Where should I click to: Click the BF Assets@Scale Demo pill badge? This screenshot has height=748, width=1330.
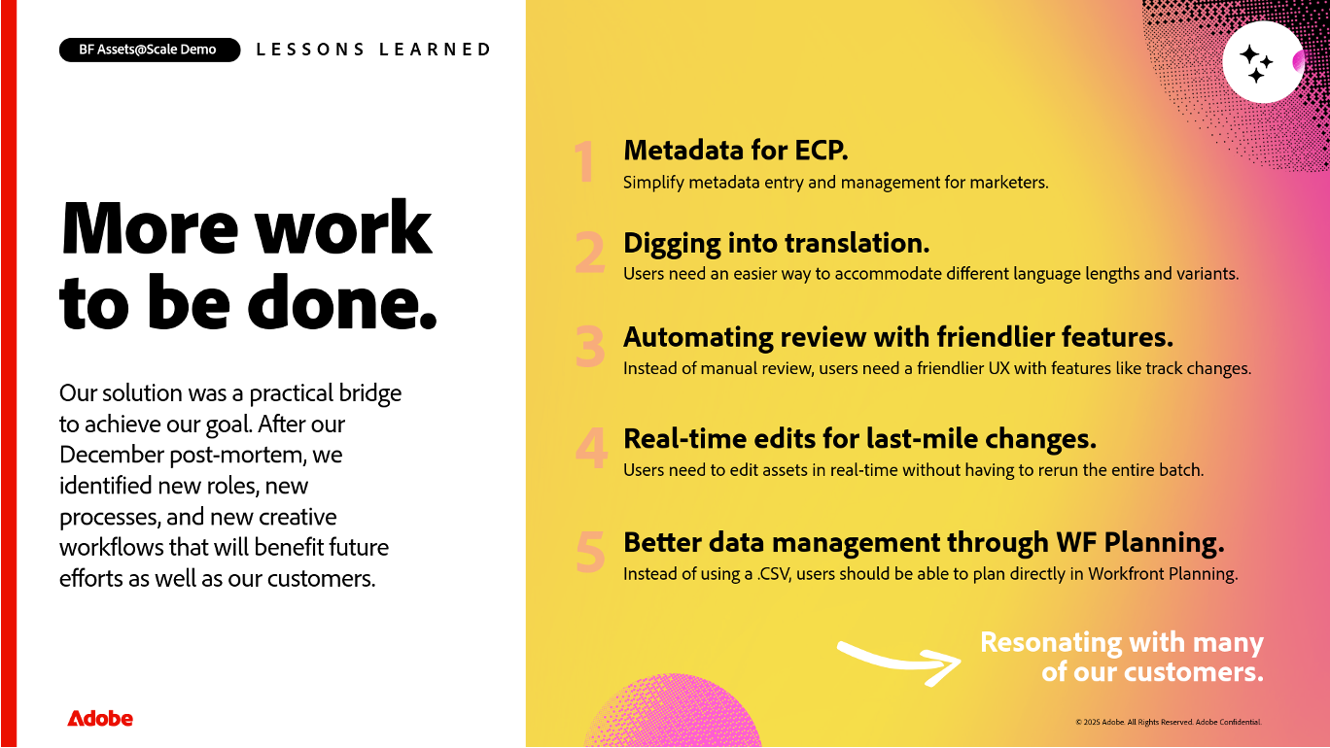(150, 50)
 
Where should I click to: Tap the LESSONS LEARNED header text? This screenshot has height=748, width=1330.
(373, 50)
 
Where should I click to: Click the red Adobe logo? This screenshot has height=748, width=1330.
(100, 718)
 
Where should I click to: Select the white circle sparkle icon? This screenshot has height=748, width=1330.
(1263, 62)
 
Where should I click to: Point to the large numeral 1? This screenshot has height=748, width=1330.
(584, 161)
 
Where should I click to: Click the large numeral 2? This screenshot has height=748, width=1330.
(589, 253)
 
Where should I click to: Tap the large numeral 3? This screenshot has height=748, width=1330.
(589, 347)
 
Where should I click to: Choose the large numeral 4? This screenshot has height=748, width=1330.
(591, 449)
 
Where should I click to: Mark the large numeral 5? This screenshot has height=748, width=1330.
(590, 552)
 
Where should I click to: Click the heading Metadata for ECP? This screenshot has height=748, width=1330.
(736, 151)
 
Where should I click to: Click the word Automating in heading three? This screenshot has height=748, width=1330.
(698, 338)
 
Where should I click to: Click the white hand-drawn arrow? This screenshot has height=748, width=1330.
(899, 663)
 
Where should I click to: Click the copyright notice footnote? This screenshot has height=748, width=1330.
(1169, 722)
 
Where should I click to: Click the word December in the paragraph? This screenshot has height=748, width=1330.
(112, 455)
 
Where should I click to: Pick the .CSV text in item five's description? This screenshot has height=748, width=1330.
(774, 574)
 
